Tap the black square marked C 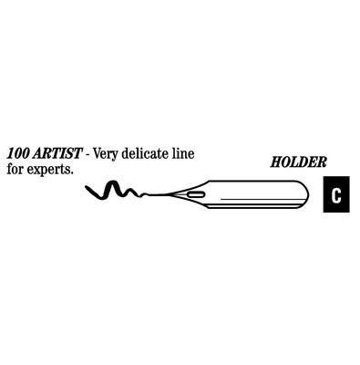click(x=336, y=195)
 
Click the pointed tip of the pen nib click(x=149, y=193)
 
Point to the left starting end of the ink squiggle click(x=86, y=189)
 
